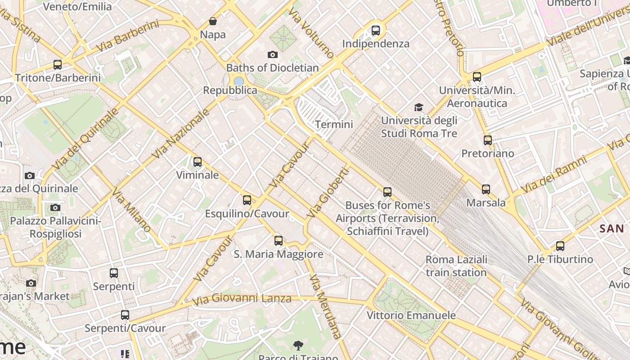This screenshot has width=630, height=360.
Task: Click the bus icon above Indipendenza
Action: (375, 31)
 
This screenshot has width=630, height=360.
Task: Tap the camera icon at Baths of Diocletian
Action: (272, 55)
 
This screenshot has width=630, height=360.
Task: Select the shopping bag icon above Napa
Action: (213, 21)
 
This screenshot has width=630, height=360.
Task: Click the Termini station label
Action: (334, 124)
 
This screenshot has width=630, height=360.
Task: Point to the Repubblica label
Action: (230, 90)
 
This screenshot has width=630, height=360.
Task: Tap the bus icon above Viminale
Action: (197, 162)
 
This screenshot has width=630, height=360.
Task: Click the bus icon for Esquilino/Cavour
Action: (247, 200)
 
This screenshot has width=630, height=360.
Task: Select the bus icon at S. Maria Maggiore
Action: (279, 241)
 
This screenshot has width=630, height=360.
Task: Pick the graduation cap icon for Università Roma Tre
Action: (419, 107)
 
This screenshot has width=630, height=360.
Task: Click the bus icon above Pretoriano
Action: (487, 140)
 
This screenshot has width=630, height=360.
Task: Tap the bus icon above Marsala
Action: (486, 189)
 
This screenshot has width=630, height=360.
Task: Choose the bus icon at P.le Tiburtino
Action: (560, 246)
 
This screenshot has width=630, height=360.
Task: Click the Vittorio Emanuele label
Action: (411, 315)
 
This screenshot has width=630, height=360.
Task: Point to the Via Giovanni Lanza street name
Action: (242, 299)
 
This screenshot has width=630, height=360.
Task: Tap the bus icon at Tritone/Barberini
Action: (58, 64)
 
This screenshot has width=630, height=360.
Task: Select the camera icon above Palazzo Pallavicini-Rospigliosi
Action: (55, 207)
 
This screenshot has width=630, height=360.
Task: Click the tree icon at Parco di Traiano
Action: (297, 346)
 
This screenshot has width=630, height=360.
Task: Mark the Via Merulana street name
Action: (325, 306)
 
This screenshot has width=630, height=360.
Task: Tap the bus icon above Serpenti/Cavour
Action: (125, 315)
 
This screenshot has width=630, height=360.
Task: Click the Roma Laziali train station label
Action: (456, 266)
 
